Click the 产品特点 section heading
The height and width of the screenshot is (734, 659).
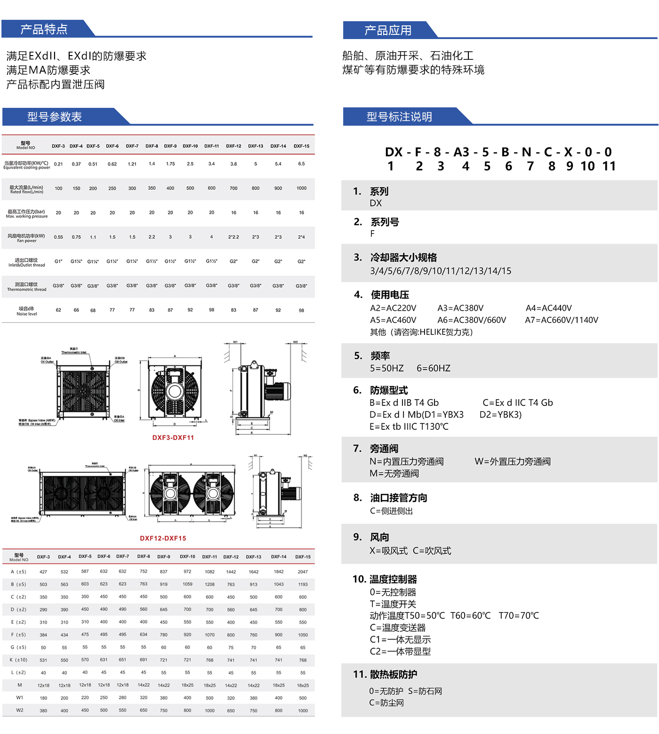[x=44, y=29]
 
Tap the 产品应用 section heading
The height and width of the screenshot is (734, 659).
[x=388, y=31]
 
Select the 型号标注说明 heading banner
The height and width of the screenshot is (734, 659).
[x=399, y=117]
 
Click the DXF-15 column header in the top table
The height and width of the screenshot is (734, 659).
[x=301, y=146]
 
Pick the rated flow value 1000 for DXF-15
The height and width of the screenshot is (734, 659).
[x=301, y=188]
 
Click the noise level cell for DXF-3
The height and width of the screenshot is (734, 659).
[x=58, y=310]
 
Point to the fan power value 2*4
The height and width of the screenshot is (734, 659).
[x=301, y=237]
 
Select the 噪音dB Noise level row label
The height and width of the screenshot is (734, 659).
[x=26, y=311]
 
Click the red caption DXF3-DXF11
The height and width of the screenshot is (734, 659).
[x=173, y=437]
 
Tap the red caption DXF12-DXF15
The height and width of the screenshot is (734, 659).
[x=163, y=538]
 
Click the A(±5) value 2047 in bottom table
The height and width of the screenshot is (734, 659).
[x=303, y=572]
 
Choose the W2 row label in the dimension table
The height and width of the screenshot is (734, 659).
[x=19, y=710]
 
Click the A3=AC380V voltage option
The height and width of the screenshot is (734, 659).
[x=460, y=308]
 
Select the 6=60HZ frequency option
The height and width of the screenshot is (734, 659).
[x=433, y=368]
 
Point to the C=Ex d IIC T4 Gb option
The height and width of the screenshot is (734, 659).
[x=517, y=403]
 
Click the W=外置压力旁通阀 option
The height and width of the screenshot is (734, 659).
[x=512, y=461]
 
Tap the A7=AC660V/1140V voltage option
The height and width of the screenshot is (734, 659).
[x=561, y=320]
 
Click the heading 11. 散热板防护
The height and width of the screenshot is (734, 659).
[x=385, y=674]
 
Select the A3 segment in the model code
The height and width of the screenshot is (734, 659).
[x=461, y=152]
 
